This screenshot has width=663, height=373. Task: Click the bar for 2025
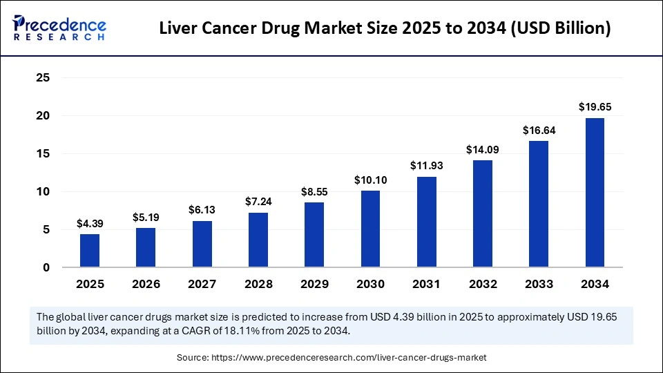pos(90,251)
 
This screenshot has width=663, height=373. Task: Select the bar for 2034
pos(595,193)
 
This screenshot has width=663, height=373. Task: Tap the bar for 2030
pos(370,229)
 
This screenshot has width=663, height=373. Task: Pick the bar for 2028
pos(258,240)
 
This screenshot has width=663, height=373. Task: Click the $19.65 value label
pos(595,107)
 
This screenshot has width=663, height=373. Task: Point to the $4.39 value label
pos(90,223)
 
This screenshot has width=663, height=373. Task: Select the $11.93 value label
pos(426,166)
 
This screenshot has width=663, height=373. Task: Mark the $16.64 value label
pos(539,130)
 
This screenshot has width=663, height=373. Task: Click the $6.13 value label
pos(202,210)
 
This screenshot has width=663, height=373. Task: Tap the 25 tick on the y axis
pos(43,78)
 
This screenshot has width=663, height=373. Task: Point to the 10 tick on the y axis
pos(43,191)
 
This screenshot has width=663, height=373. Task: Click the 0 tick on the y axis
pos(46,267)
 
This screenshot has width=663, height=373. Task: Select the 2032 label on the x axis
pos(482,284)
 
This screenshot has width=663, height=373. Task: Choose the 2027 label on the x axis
pos(202,284)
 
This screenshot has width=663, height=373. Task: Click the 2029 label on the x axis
pos(314,284)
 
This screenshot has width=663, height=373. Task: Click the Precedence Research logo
pos(59,28)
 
